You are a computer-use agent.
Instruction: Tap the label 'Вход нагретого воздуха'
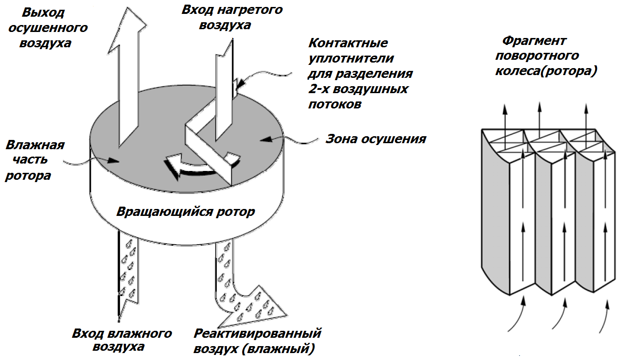click(232, 17)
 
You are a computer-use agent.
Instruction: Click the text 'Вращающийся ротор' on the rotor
click(185, 212)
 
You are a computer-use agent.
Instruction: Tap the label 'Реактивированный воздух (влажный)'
click(257, 340)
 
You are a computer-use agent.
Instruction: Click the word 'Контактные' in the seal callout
click(348, 44)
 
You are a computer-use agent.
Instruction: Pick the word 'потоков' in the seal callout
click(335, 104)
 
